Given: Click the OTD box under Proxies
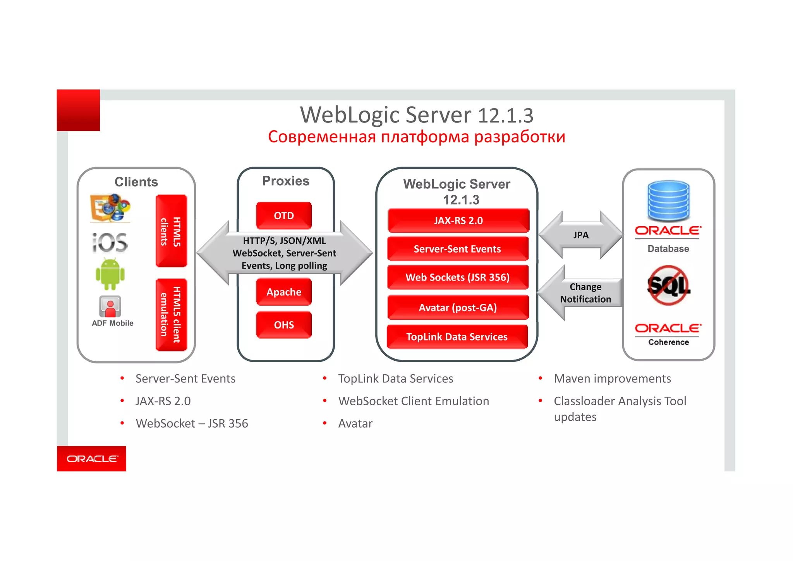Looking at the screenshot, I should point(284,215).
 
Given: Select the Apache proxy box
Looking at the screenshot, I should point(284,292).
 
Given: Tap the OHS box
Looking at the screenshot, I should point(284,325).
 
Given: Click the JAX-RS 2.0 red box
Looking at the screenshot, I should point(458,220).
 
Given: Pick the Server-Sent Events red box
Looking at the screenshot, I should point(458,249).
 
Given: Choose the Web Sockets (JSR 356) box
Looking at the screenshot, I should point(458,277).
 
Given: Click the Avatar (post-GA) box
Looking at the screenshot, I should point(458,308).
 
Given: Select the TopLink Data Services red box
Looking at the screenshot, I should point(457,337).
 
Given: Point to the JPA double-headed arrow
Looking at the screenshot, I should point(581,235).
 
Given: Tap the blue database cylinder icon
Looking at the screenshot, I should point(668,201).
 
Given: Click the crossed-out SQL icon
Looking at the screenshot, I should point(669,286).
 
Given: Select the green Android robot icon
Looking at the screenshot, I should point(110,274).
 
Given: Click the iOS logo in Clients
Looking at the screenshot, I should point(110,243).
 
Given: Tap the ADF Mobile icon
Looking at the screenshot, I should point(110,307).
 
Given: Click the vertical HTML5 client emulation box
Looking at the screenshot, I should point(171,315).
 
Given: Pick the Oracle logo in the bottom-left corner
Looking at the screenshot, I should point(92,459).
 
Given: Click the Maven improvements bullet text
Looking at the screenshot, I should point(612,379).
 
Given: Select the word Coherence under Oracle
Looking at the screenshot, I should point(669,342).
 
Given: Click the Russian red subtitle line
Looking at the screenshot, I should point(417,137).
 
